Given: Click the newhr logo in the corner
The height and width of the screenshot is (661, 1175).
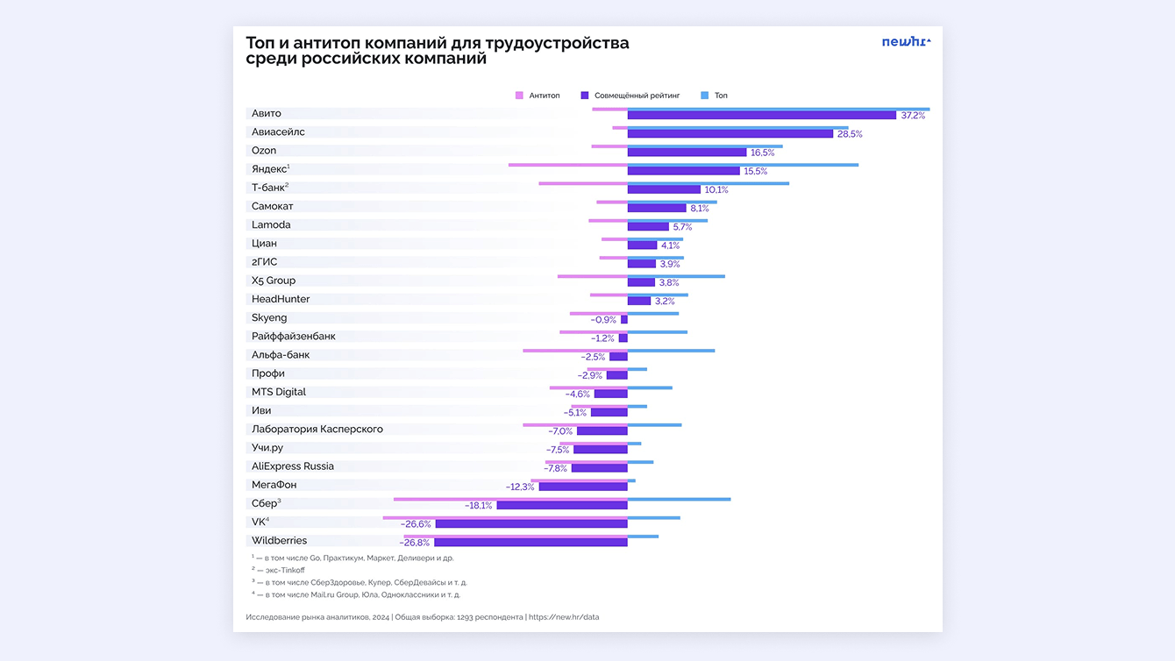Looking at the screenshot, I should coord(906,41).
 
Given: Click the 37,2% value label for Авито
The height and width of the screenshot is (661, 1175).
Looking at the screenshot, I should coord(913,116).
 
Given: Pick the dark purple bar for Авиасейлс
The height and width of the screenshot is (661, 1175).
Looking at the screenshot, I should coord(730,134).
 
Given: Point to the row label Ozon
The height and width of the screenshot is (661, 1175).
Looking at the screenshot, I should coord(264,151).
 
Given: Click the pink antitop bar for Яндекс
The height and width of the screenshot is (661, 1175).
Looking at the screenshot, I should coord(567,165).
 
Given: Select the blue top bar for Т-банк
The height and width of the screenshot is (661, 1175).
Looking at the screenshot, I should coord(708,183).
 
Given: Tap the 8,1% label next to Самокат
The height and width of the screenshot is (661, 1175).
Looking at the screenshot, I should coord(699,209).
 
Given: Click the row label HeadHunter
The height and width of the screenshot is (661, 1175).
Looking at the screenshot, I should coord(281,299).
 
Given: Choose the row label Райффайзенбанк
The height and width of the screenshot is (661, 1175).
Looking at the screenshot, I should coord(293,337).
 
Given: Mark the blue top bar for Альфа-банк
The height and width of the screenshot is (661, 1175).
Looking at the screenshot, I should coord(671,351).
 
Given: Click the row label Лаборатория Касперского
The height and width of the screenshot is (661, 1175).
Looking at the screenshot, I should coord(317,430).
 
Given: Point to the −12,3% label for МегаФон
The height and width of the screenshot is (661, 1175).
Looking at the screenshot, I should coord(520,487).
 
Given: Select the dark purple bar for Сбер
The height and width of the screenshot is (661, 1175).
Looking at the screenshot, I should coord(561,506).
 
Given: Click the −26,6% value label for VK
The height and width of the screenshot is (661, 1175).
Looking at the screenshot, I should coord(416,524).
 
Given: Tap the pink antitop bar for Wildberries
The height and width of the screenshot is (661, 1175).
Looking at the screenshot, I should coord(515,537).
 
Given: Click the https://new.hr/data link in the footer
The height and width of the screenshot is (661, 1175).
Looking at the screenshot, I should coord(564,617).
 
